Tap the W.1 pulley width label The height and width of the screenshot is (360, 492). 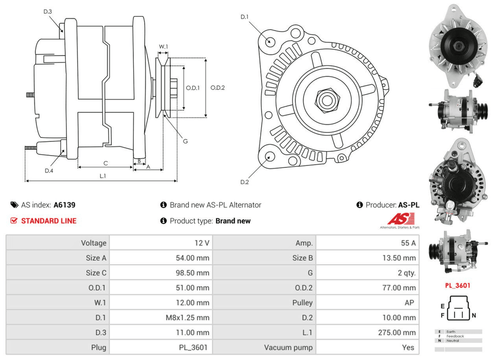tap(163, 47)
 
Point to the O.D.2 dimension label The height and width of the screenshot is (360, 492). tap(217, 88)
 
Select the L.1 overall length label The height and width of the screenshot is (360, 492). tap(103, 175)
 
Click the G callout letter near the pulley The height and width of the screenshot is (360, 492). tap(185, 141)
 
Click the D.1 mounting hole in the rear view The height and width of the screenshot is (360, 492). tap(270, 41)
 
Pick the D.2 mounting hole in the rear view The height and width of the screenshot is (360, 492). tap(270, 157)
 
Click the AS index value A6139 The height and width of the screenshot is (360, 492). tap(64, 205)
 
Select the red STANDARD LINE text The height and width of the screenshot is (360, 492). tap(49, 221)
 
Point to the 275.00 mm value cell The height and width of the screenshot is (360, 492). tap(399, 332)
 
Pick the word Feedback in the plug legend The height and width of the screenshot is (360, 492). tap(455, 336)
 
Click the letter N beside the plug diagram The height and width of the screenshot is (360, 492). tap(474, 315)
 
